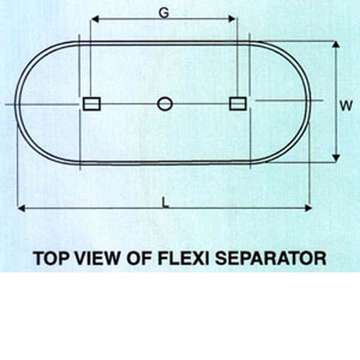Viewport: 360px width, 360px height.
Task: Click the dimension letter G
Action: click(x=164, y=13)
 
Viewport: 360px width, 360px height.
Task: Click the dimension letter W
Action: click(x=346, y=106)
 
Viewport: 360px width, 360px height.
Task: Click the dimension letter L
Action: click(x=165, y=203)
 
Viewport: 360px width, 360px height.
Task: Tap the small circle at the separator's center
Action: click(x=165, y=104)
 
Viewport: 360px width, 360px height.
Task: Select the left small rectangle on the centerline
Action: click(x=92, y=104)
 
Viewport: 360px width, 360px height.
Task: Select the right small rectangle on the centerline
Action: click(x=238, y=104)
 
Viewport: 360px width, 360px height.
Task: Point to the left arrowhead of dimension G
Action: click(x=95, y=19)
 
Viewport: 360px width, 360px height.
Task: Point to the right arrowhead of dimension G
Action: click(x=232, y=19)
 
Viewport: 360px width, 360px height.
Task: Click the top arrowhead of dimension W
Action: click(x=336, y=44)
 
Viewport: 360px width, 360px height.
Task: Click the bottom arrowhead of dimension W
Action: click(x=336, y=158)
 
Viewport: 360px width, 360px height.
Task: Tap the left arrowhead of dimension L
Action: click(x=22, y=208)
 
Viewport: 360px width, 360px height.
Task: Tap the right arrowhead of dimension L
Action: click(x=308, y=208)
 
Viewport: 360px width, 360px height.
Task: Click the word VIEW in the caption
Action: click(x=97, y=258)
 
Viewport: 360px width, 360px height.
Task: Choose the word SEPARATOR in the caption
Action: click(x=271, y=258)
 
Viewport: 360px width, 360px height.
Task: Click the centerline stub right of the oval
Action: click(x=289, y=100)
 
